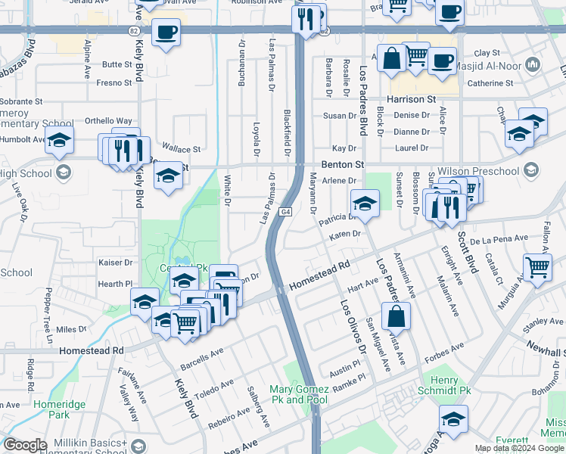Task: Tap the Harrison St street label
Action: (x=412, y=99)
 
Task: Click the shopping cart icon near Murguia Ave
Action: (x=536, y=267)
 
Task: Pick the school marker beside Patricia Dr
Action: (x=365, y=204)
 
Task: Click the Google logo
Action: (x=25, y=445)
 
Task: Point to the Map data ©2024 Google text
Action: (x=519, y=448)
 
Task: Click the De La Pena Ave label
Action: (x=499, y=239)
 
